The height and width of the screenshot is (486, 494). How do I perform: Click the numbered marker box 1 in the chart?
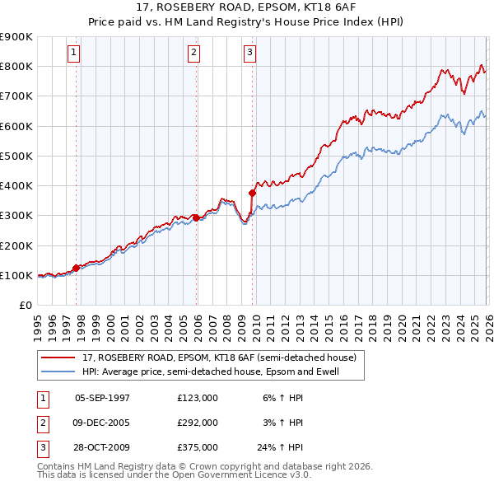(74, 53)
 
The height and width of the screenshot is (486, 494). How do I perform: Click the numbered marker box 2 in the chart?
(194, 53)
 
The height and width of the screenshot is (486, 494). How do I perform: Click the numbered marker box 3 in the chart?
(249, 53)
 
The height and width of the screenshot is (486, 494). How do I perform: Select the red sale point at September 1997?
(76, 268)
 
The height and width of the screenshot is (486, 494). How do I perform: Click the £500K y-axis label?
(16, 156)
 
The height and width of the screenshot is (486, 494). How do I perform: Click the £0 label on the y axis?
(25, 305)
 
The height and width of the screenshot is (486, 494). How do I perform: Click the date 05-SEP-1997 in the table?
(103, 397)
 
